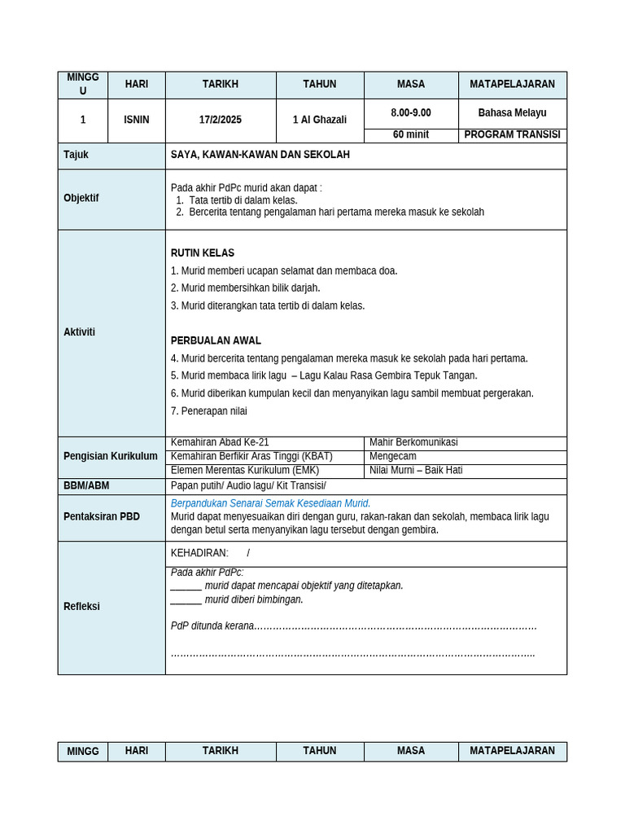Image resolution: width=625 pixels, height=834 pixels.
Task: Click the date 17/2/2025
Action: [x=221, y=120]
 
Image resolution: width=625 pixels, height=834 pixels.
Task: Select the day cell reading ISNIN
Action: [x=136, y=120]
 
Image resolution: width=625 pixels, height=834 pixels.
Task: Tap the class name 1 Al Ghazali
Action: [x=320, y=120]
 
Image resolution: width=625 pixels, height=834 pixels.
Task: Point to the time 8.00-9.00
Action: [x=411, y=113]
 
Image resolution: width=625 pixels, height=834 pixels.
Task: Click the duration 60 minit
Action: [x=411, y=134]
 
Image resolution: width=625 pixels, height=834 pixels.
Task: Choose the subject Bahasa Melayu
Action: [x=512, y=113]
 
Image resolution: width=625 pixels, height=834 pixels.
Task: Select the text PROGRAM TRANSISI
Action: [x=512, y=134]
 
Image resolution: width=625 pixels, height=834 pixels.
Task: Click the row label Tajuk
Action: [x=76, y=155]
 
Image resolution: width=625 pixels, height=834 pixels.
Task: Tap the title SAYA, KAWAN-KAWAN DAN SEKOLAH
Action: [x=260, y=155]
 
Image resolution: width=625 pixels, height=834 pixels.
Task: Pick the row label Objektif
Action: [x=81, y=198]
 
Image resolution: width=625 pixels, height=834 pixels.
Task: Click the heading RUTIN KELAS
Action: [x=203, y=253]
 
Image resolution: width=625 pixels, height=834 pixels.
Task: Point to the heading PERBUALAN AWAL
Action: [x=216, y=340]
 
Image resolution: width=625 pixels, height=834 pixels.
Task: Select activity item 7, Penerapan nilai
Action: [x=209, y=411]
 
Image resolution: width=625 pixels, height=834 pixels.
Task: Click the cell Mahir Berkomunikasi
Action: [x=413, y=442]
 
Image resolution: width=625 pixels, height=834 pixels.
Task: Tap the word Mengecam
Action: [x=393, y=456]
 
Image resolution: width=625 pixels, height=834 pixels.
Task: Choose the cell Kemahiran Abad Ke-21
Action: [x=220, y=442]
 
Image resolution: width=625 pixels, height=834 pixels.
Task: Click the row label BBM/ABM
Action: [x=86, y=485]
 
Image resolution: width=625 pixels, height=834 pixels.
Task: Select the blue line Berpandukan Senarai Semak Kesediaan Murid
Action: [x=270, y=503]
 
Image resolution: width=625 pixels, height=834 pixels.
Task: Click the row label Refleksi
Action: [x=82, y=607]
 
